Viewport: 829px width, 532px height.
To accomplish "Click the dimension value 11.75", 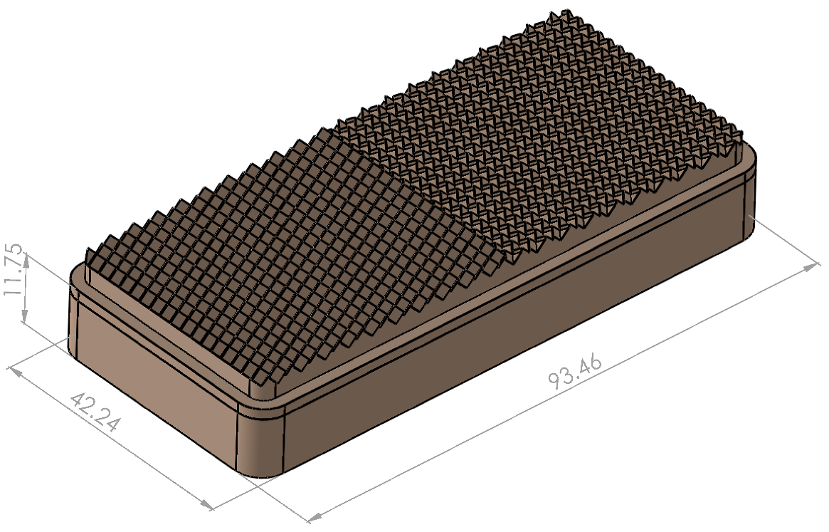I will click(15, 274).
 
